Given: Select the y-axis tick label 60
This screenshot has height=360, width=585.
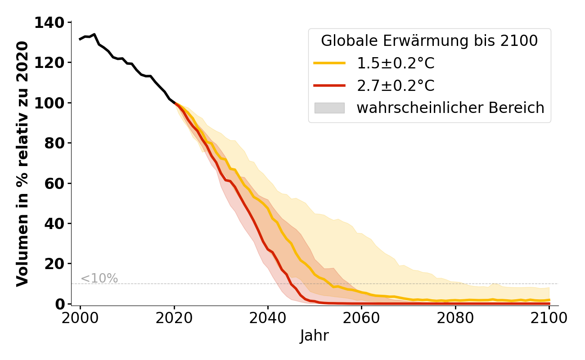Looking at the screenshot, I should coord(55,183).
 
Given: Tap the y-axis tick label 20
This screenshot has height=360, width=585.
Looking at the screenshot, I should coord(55,264).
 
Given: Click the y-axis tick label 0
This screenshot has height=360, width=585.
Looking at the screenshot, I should coord(60,304).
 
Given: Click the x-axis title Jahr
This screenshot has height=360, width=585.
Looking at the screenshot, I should coord(315,336).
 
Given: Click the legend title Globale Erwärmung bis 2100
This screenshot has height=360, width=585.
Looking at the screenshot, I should coord(429,41).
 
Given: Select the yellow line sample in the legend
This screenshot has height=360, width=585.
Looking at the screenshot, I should coord(329,63).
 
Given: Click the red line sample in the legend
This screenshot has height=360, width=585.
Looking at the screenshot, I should coord(329,85).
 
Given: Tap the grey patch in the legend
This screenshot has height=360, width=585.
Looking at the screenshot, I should coord(329,108).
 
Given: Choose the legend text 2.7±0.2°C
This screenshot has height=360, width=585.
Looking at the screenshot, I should coord(396,85).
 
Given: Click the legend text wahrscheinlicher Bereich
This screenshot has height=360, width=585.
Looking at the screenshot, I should coord(450,108).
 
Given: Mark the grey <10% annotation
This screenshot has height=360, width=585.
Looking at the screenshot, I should coord(99,279).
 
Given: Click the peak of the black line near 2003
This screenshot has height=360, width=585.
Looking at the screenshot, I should coord(94,34).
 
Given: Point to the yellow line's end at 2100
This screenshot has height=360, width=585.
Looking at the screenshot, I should coord(549,300).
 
